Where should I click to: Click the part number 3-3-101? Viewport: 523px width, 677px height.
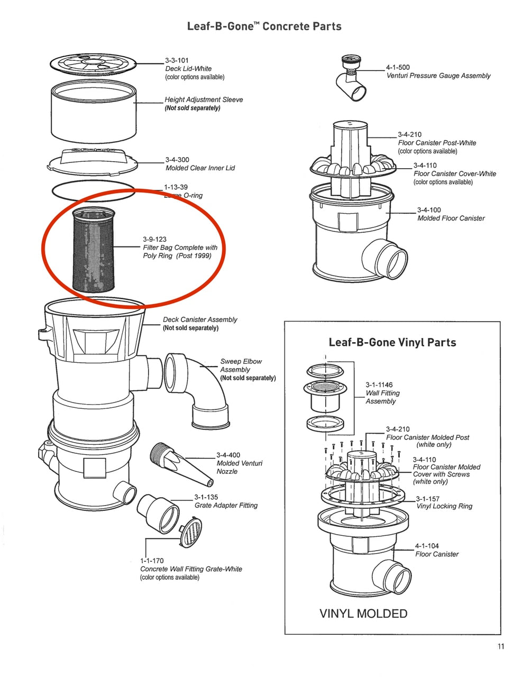(177, 60)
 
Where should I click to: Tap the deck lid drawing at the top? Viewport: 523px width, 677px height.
(92, 65)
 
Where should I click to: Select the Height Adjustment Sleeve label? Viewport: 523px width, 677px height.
(204, 99)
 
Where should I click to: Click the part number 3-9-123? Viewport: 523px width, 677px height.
(154, 239)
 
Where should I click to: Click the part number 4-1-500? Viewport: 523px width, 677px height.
(398, 67)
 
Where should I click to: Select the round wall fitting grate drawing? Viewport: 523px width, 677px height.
(190, 535)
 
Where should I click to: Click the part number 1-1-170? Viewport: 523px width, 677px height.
(152, 561)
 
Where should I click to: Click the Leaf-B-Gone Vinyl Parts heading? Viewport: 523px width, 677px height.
(392, 342)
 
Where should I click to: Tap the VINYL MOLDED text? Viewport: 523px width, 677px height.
(363, 614)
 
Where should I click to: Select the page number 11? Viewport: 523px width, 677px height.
(500, 646)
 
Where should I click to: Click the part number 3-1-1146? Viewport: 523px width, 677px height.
(379, 385)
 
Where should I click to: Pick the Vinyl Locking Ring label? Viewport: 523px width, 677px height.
(444, 506)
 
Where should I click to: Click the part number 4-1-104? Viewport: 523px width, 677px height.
(427, 546)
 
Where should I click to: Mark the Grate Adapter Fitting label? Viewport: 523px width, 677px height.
(226, 505)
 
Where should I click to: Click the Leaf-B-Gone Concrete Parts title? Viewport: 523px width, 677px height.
(264, 26)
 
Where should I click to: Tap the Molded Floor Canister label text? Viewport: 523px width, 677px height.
(451, 218)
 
